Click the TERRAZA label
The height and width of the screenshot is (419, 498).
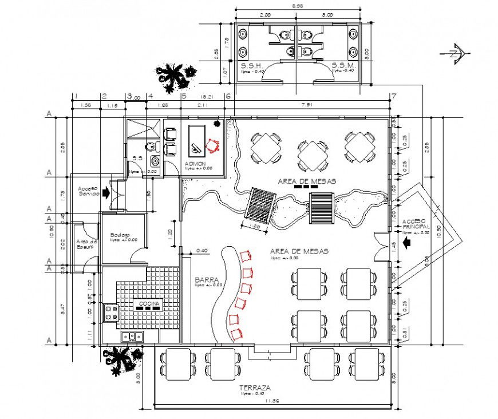pos(255,388)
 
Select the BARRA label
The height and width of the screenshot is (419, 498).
pos(204,280)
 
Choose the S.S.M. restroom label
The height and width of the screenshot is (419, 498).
pos(344,66)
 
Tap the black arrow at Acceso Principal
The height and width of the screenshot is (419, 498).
pos(408,243)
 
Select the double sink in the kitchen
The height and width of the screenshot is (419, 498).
pos(131,337)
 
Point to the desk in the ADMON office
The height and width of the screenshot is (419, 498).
pos(197,140)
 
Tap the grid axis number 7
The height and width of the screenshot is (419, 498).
pos(392,96)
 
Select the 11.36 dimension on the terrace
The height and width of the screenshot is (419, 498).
pos(271,401)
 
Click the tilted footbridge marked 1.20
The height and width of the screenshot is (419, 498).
pos(261,204)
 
